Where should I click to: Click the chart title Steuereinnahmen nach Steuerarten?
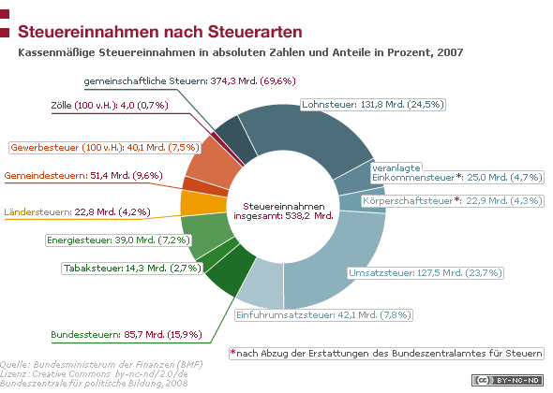(160, 32)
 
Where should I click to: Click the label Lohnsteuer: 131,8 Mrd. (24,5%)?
(373, 105)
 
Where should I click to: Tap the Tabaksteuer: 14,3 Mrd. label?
(132, 269)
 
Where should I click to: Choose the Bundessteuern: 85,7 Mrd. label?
(127, 335)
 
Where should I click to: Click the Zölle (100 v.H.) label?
(110, 106)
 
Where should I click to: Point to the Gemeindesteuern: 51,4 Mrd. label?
(83, 175)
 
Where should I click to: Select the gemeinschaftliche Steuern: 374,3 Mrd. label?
(189, 81)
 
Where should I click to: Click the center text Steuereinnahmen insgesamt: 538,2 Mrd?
(283, 211)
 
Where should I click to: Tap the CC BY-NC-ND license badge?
(507, 380)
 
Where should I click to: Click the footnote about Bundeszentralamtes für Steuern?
(386, 353)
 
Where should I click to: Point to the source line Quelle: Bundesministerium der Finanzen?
(101, 365)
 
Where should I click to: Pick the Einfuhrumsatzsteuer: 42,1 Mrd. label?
(323, 314)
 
